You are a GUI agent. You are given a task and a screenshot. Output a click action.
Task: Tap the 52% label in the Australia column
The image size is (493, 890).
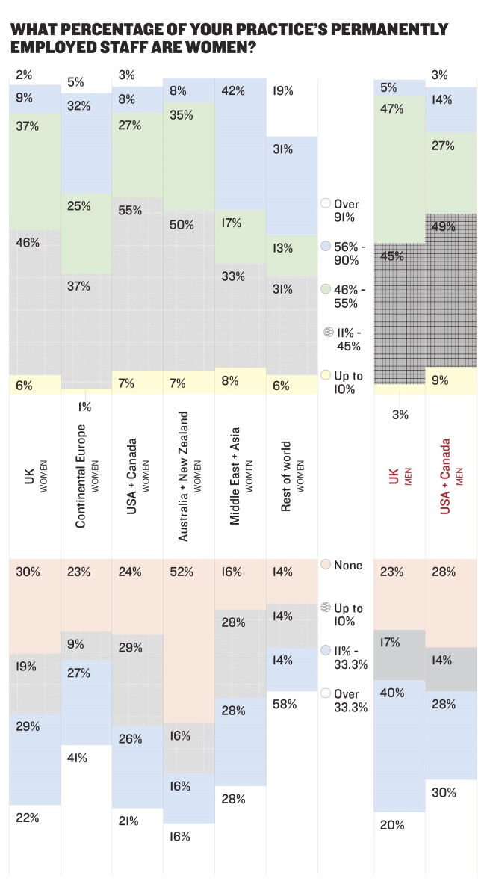(x=182, y=572)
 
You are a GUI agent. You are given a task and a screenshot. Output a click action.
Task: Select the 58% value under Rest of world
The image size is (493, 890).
(x=285, y=704)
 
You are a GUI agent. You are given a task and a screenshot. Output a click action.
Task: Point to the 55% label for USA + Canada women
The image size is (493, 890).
(x=130, y=211)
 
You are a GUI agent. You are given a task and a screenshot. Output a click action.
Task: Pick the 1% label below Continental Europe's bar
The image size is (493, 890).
(x=84, y=407)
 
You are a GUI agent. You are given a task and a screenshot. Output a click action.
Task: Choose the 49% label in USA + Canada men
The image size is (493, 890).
(x=444, y=226)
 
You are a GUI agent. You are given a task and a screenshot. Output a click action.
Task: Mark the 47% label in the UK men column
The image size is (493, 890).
(x=391, y=109)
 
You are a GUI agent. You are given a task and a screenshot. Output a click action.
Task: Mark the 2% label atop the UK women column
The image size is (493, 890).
(x=23, y=75)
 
